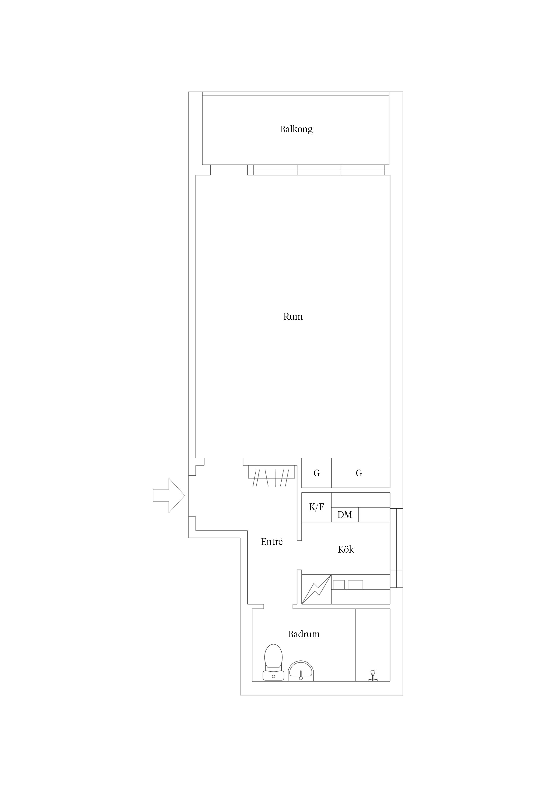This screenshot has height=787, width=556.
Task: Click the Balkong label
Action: pyautogui.click(x=296, y=129)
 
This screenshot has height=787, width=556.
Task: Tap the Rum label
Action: pyautogui.click(x=293, y=316)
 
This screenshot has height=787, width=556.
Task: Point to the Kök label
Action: pyautogui.click(x=346, y=549)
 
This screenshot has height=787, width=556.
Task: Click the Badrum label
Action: pyautogui.click(x=304, y=634)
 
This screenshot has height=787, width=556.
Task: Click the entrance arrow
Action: pyautogui.click(x=169, y=496)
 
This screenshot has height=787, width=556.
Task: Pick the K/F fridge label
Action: pyautogui.click(x=317, y=507)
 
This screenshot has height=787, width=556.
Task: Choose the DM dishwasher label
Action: pyautogui.click(x=345, y=515)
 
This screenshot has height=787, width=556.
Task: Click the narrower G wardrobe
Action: pyautogui.click(x=317, y=473)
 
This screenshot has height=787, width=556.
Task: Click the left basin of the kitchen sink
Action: pyautogui.click(x=339, y=584)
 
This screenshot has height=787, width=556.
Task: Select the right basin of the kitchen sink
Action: pyautogui.click(x=355, y=584)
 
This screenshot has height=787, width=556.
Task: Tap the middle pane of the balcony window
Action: pyautogui.click(x=319, y=170)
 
